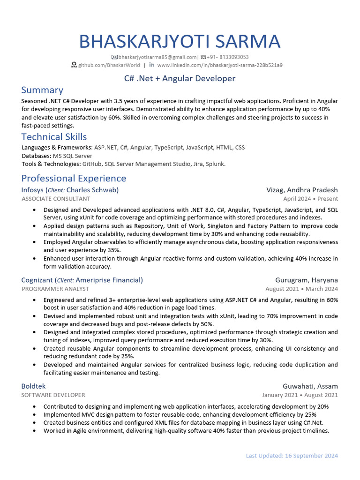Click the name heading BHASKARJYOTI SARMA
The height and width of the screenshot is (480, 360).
coord(180,41)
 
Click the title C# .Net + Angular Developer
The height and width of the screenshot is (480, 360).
coord(180,78)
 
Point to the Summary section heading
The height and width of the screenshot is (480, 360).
coord(42,90)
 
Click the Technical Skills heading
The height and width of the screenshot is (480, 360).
coord(54,137)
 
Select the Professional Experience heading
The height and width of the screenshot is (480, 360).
coord(74,178)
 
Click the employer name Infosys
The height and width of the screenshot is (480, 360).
coord(32,190)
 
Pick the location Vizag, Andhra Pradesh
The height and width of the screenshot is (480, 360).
coord(302,190)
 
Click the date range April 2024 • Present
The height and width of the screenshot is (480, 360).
coord(310,199)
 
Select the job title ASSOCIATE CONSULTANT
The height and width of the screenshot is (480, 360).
coord(56,199)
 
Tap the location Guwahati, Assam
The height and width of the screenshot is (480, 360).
coord(310,386)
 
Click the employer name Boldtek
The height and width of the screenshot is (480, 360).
coord(33,386)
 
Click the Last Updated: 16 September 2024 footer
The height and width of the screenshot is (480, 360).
coord(292,456)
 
